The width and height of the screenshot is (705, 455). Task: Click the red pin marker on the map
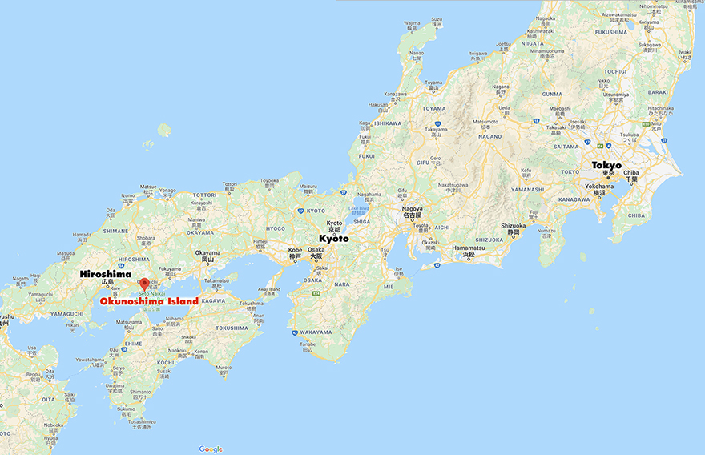click(144, 284)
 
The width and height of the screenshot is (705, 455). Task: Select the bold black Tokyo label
click(606, 165)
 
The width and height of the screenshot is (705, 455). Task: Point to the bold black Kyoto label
click(335, 238)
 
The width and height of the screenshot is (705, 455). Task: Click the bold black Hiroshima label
click(106, 274)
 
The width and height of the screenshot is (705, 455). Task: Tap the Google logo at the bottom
click(211, 449)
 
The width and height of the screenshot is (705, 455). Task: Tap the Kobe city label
click(295, 250)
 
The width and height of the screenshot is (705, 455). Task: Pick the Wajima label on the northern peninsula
click(412, 23)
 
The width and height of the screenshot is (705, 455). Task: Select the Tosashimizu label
click(139, 421)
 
